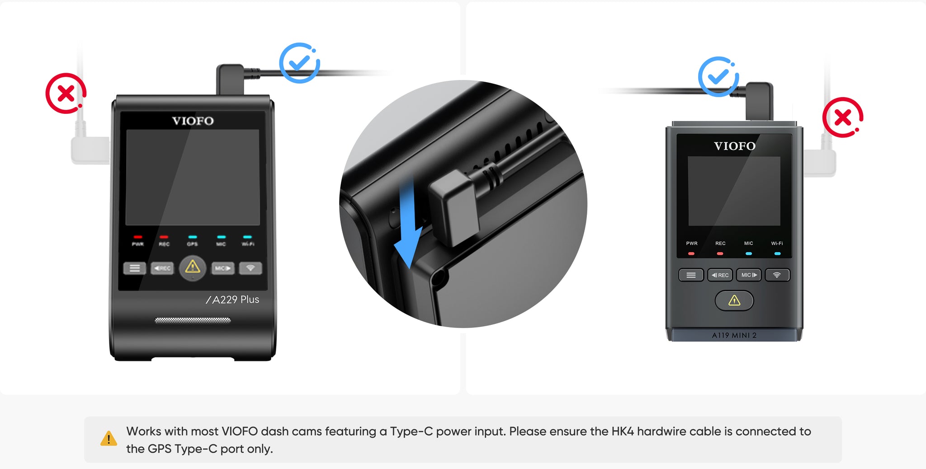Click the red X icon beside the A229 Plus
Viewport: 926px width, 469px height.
coord(66,93)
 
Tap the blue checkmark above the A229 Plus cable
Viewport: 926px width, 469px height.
coord(299,63)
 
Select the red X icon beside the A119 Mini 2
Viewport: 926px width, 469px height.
coord(843,117)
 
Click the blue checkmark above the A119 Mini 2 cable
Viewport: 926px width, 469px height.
coord(718,76)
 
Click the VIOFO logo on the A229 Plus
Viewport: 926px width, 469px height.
coord(193,121)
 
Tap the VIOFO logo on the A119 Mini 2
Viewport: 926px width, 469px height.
coord(735,146)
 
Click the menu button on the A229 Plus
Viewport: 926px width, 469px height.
coord(135,268)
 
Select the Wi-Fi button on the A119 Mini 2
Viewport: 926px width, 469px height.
coord(777,275)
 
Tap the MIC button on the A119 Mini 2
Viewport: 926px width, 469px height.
coord(749,275)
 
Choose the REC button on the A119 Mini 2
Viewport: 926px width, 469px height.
coord(720,275)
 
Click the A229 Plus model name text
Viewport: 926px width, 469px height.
coord(232,300)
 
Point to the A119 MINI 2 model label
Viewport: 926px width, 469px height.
coord(734,335)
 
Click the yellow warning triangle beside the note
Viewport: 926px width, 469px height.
coord(109,439)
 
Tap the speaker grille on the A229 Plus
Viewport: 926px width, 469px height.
coord(193,320)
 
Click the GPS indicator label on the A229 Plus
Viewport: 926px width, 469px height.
coord(192,244)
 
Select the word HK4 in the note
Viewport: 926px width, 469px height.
coord(623,431)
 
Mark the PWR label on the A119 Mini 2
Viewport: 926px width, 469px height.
coord(692,244)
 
